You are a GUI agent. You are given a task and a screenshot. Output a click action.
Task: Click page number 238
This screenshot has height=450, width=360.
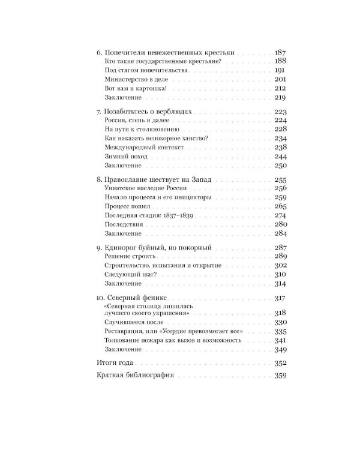281,147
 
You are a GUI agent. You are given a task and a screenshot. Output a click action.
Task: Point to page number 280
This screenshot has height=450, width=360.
281,224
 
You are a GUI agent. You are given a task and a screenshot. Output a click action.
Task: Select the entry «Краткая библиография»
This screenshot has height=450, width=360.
135,376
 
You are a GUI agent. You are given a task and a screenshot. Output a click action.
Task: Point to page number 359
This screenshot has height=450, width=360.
280,376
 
